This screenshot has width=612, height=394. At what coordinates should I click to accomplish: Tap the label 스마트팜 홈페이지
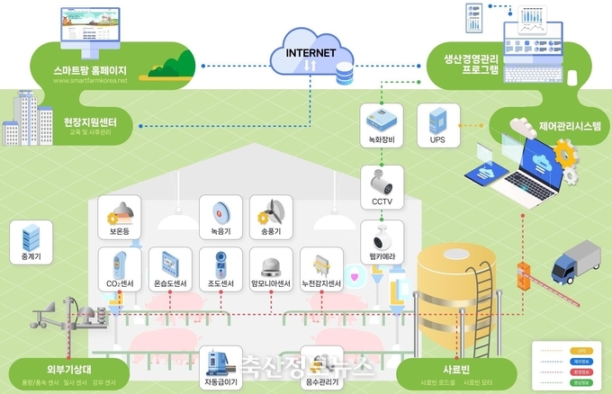pyautogui.click(x=91, y=69)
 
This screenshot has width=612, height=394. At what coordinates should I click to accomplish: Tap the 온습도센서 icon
pyautogui.click(x=167, y=264)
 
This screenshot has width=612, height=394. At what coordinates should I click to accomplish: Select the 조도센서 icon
pyautogui.click(x=219, y=264)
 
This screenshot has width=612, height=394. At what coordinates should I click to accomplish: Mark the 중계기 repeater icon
pyautogui.click(x=31, y=237)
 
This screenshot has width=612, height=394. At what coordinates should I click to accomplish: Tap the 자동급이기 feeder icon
pyautogui.click(x=219, y=363)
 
